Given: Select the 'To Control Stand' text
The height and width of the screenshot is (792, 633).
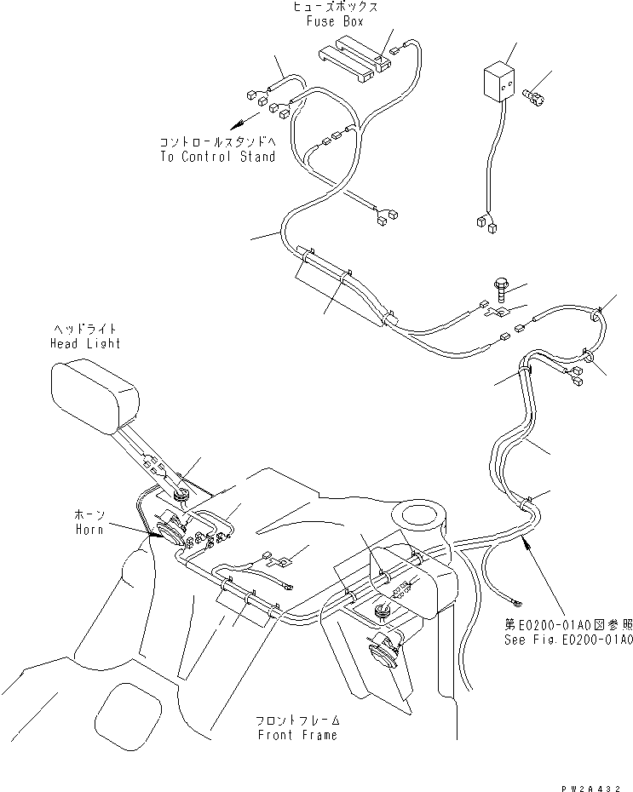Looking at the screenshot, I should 217,157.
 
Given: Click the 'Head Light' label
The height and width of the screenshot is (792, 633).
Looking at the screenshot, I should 84,343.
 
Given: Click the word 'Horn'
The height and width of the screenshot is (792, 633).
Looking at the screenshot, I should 88,530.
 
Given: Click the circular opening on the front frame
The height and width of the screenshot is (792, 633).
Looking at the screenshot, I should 417,518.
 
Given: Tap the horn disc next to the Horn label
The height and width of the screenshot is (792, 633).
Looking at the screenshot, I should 166,535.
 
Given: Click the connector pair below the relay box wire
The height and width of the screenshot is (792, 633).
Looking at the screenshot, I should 486,224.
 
